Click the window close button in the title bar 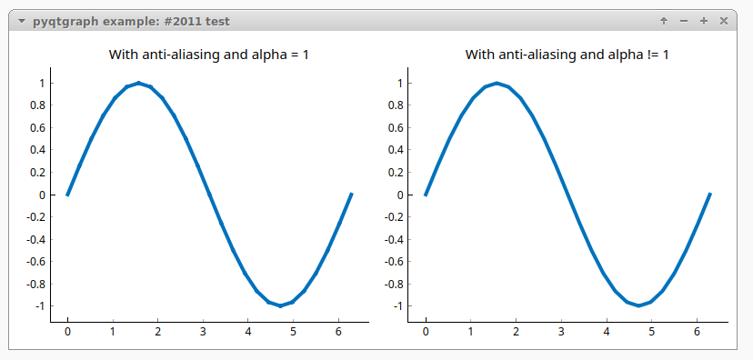point(724,21)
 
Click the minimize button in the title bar point(684,21)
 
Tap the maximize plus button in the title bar point(704,21)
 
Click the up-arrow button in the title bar point(664,21)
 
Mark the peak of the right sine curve point(497,83)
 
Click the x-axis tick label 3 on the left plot point(203,333)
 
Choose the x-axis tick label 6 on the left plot point(338,333)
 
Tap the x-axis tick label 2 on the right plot point(516,333)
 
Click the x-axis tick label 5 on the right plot point(651,333)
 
